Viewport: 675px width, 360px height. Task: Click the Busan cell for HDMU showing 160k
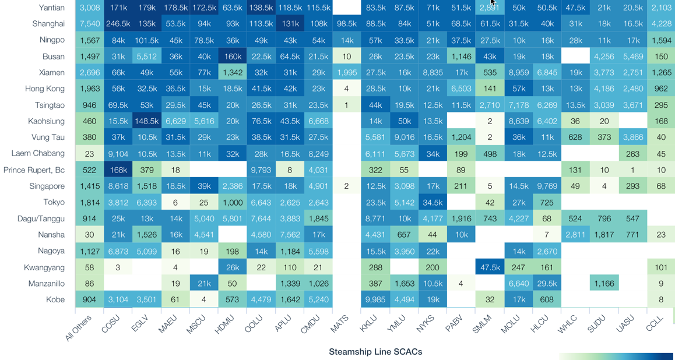point(232,57)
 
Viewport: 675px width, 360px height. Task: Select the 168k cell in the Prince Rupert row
point(118,170)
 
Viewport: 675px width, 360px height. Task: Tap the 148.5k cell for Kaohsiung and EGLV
point(147,121)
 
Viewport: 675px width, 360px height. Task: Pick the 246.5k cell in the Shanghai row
point(118,24)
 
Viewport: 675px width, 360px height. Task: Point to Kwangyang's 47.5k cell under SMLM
point(490,267)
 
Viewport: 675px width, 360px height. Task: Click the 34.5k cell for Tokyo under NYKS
point(433,202)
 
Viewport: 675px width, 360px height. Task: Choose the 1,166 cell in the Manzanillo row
point(604,284)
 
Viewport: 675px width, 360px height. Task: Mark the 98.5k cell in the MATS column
point(346,24)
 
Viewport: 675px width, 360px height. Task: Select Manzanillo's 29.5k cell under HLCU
point(547,284)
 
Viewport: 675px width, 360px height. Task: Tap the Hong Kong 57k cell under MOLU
point(518,89)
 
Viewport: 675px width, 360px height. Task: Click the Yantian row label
point(51,8)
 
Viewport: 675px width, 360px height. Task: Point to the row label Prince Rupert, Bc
point(34,170)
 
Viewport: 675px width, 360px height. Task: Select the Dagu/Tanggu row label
point(41,218)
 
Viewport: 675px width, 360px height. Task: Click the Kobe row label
point(55,299)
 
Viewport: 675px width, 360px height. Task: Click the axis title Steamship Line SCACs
point(375,352)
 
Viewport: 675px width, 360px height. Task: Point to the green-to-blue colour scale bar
point(616,357)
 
